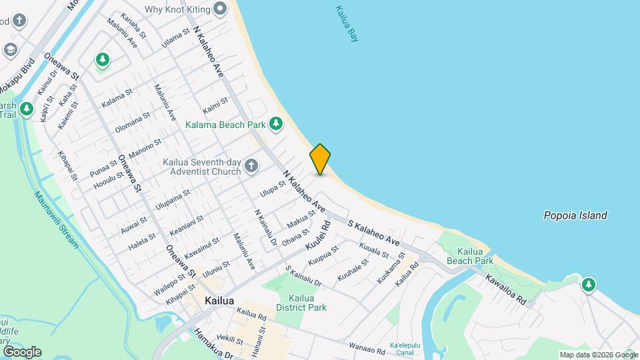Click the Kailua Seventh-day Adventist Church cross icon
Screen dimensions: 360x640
click(x=251, y=165)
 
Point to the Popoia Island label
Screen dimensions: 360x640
click(x=575, y=215)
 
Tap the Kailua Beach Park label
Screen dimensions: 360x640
click(x=475, y=257)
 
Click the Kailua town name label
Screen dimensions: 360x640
click(x=219, y=301)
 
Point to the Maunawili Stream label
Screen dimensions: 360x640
click(x=57, y=219)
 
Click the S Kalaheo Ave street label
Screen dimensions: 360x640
click(x=373, y=232)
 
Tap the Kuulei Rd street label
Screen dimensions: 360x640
click(x=319, y=235)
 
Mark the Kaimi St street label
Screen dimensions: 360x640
click(x=215, y=105)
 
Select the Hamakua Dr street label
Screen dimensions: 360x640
click(x=213, y=343)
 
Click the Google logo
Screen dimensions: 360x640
click(x=22, y=351)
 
